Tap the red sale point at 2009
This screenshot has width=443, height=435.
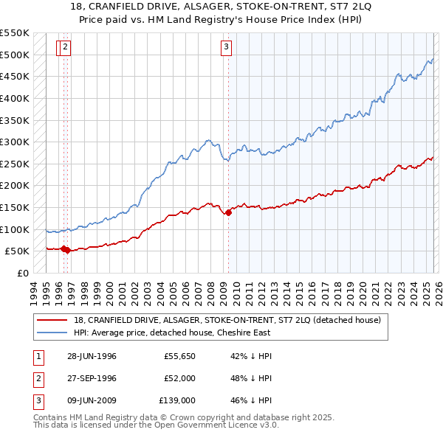pos(228,213)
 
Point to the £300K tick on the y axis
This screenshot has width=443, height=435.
pos(15,142)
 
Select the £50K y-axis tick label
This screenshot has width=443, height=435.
pos(17,251)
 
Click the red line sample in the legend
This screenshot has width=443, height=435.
pos(52,320)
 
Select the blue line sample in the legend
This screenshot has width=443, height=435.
pos(52,333)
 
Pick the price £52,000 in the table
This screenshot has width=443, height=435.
pos(179,378)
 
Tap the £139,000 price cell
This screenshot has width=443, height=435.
pos(177,400)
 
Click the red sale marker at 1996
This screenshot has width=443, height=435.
pos(66,250)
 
